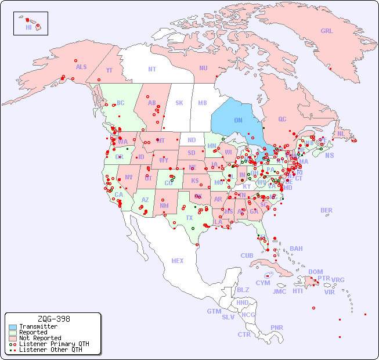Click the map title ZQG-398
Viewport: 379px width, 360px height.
53,319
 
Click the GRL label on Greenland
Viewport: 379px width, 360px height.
327,31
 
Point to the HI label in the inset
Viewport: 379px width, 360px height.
28,27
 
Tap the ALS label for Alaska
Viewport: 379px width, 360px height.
81,67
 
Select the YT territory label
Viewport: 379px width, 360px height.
109,70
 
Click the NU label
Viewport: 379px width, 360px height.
203,69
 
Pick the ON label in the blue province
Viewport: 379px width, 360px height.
238,121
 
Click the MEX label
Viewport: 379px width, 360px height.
178,261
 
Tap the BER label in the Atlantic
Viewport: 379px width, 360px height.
327,211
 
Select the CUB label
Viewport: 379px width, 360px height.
247,256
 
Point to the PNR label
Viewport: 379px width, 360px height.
277,327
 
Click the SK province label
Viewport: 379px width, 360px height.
179,103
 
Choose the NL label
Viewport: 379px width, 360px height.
341,134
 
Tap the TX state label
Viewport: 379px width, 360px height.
189,218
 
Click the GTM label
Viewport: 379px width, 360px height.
214,312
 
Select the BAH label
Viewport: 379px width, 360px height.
296,249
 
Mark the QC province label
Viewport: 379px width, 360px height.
282,120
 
